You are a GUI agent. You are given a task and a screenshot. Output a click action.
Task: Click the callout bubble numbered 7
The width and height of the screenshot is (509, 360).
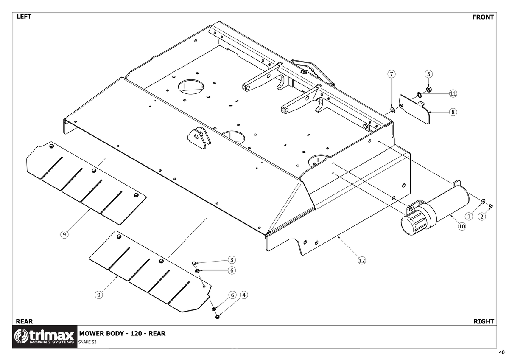[391, 74]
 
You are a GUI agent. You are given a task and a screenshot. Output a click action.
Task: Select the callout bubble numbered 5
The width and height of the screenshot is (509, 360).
[428, 74]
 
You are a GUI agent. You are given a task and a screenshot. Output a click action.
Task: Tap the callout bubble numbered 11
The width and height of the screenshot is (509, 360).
[453, 93]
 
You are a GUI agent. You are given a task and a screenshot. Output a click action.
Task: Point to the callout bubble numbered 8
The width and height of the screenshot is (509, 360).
[453, 112]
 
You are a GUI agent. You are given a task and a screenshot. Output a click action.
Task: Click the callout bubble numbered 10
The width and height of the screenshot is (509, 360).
[462, 226]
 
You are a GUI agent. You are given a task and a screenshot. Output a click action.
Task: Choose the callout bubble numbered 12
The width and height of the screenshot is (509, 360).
[362, 260]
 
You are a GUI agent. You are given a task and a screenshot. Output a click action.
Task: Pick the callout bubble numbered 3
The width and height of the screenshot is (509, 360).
[232, 260]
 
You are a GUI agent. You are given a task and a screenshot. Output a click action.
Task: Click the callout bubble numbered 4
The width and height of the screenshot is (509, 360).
[244, 295]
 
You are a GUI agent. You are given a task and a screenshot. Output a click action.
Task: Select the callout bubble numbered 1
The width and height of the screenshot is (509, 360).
[469, 216]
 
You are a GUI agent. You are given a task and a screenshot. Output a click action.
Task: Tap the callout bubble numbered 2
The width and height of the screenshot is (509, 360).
[482, 216]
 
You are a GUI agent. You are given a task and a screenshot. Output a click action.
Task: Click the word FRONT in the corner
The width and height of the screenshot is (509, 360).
[483, 17]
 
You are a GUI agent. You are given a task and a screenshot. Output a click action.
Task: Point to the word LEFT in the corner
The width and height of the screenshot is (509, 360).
[24, 17]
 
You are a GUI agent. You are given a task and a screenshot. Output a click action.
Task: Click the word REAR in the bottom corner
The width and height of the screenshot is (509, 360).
[24, 321]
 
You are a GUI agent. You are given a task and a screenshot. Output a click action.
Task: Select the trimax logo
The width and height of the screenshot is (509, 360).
[45, 337]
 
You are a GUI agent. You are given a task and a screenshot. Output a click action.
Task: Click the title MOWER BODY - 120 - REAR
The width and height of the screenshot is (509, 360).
[122, 333]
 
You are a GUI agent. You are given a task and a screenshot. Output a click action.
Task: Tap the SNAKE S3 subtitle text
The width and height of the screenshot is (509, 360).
[87, 342]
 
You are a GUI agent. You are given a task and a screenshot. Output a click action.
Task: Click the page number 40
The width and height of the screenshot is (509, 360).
[502, 352]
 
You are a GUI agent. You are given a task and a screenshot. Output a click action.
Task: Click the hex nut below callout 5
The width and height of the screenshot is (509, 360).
[429, 90]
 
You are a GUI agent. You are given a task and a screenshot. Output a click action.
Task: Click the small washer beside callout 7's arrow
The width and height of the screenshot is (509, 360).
[392, 110]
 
